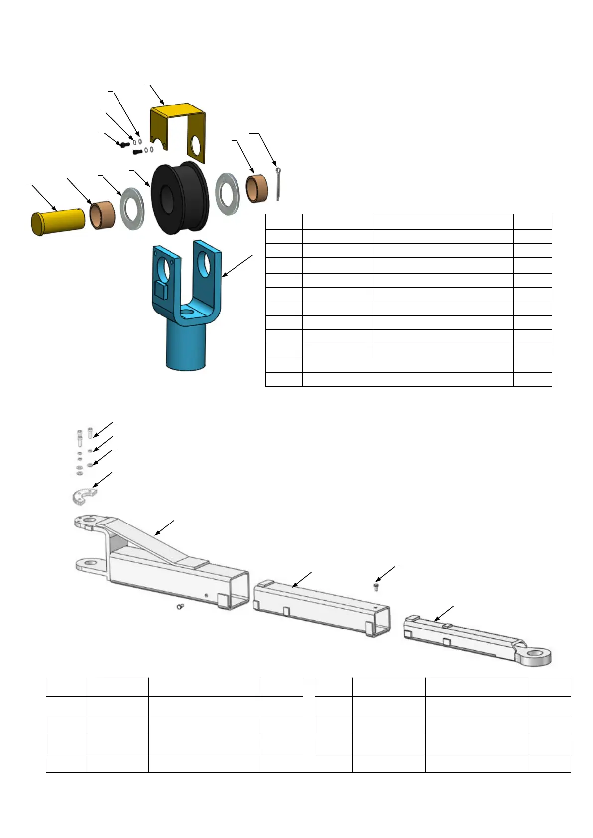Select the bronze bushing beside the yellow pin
pos(103,215)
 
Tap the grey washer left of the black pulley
pos(132,209)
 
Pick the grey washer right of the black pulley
pos(227,194)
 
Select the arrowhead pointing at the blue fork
pos(223,275)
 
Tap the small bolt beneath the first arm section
pos(181,607)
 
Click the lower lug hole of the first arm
pos(90,564)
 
